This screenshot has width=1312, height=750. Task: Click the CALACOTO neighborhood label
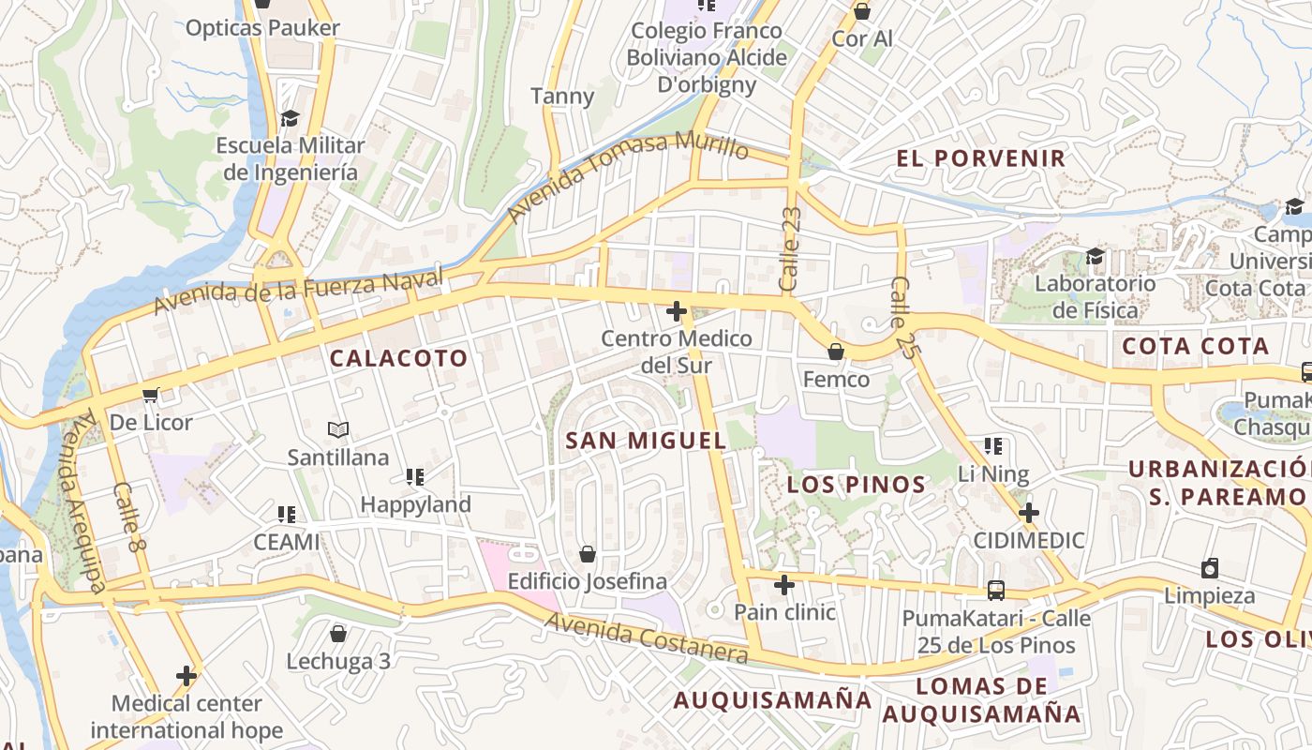(398, 358)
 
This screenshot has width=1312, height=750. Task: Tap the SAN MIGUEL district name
(647, 441)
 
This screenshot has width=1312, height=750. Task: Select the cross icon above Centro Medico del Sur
(676, 311)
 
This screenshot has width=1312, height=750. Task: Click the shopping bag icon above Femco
(835, 352)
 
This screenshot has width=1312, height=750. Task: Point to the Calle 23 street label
(790, 248)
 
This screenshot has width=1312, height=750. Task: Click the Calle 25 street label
(902, 316)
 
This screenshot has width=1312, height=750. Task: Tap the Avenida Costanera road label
(647, 638)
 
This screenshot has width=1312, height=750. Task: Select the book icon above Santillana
(338, 430)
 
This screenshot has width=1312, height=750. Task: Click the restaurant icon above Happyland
(415, 477)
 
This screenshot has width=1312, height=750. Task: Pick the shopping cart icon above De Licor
(150, 396)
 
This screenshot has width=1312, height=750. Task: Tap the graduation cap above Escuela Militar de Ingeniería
(290, 119)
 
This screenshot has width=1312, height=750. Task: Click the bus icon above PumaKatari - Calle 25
(996, 591)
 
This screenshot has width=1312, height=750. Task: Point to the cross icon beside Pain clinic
(784, 586)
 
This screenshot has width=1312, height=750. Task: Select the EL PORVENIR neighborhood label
(981, 158)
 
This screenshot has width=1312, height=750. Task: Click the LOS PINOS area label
(857, 485)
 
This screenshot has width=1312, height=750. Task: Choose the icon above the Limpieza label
(1210, 568)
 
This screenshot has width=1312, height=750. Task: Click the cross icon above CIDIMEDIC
(1029, 513)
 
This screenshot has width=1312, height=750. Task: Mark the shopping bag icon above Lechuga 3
(338, 635)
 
